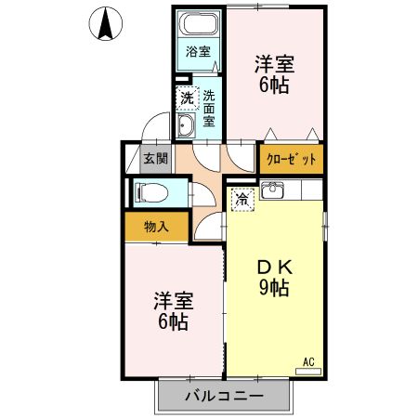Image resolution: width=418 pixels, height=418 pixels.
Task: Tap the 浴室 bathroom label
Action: click(198, 52)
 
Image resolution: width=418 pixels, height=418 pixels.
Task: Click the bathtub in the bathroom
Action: click(198, 25)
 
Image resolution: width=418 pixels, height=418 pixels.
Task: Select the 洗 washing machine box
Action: click(188, 97)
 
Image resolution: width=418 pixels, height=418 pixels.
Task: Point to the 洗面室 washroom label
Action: click(209, 107)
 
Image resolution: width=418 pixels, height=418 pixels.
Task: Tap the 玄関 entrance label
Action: click(155, 158)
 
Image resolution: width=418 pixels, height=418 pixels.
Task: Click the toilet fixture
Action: click(151, 193)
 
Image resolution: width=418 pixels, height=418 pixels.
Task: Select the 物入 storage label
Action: click(155, 226)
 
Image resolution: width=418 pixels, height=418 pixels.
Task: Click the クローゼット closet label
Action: click(292, 159)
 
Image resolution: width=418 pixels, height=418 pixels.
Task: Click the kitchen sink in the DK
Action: click(272, 191)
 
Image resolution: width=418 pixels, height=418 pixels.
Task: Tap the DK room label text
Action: click(274, 265)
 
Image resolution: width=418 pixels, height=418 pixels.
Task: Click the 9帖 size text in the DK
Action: click(274, 288)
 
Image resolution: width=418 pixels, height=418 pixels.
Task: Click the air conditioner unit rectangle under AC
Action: click(308, 372)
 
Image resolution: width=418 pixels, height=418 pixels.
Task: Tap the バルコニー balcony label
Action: click(223, 397)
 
